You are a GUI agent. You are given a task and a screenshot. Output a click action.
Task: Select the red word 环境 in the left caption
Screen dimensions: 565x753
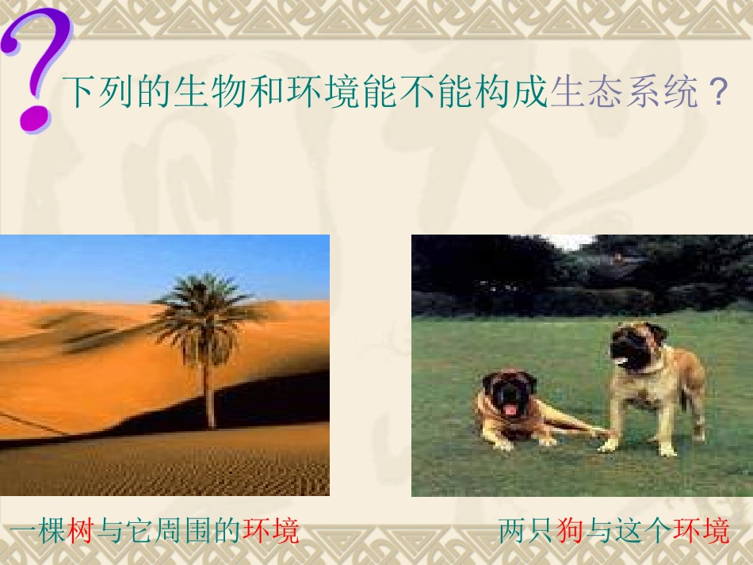coord(271,530)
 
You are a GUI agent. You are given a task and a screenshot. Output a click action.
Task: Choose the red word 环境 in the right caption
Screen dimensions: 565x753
coord(701,530)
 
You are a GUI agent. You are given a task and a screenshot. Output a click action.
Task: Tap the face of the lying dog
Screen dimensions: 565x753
coord(508,394)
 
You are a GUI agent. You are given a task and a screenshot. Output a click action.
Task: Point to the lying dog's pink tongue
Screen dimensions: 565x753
coord(510,410)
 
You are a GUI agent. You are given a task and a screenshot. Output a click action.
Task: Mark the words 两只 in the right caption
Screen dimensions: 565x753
coord(526,530)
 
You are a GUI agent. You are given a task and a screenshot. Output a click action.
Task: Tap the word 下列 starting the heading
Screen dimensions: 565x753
coord(90,93)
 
